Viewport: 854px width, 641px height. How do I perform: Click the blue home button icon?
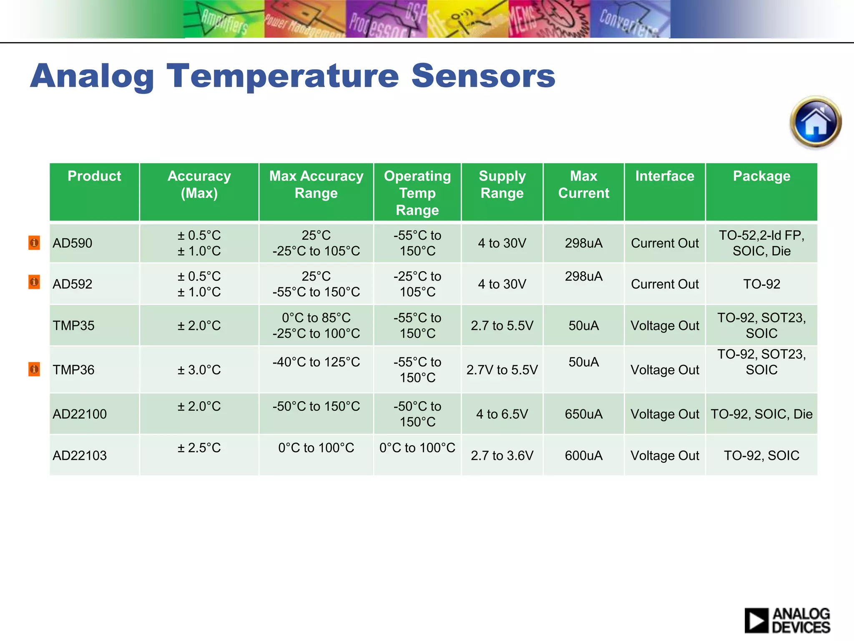[816, 122]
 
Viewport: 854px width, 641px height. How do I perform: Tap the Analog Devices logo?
[787, 620]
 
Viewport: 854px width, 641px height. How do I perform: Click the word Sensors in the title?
[483, 76]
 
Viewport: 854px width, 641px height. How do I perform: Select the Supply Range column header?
[502, 184]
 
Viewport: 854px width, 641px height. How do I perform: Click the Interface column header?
[665, 176]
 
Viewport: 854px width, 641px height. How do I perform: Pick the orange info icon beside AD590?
[34, 242]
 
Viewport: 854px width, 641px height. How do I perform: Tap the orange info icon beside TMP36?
[34, 369]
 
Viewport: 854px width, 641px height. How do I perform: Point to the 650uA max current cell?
[583, 414]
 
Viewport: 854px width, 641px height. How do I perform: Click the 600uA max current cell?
[583, 455]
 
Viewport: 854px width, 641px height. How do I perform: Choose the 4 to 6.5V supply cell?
[502, 414]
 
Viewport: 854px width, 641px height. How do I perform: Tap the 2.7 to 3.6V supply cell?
[502, 455]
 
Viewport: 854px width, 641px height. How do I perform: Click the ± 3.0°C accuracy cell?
[199, 370]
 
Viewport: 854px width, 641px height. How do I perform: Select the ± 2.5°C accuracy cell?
[199, 448]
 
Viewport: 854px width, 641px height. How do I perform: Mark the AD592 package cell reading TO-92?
[761, 284]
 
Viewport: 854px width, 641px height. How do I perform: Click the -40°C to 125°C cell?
[316, 362]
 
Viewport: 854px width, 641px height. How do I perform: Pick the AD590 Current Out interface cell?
[665, 243]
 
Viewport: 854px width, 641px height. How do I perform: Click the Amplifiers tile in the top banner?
[224, 19]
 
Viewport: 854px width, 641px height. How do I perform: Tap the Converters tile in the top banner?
[630, 19]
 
